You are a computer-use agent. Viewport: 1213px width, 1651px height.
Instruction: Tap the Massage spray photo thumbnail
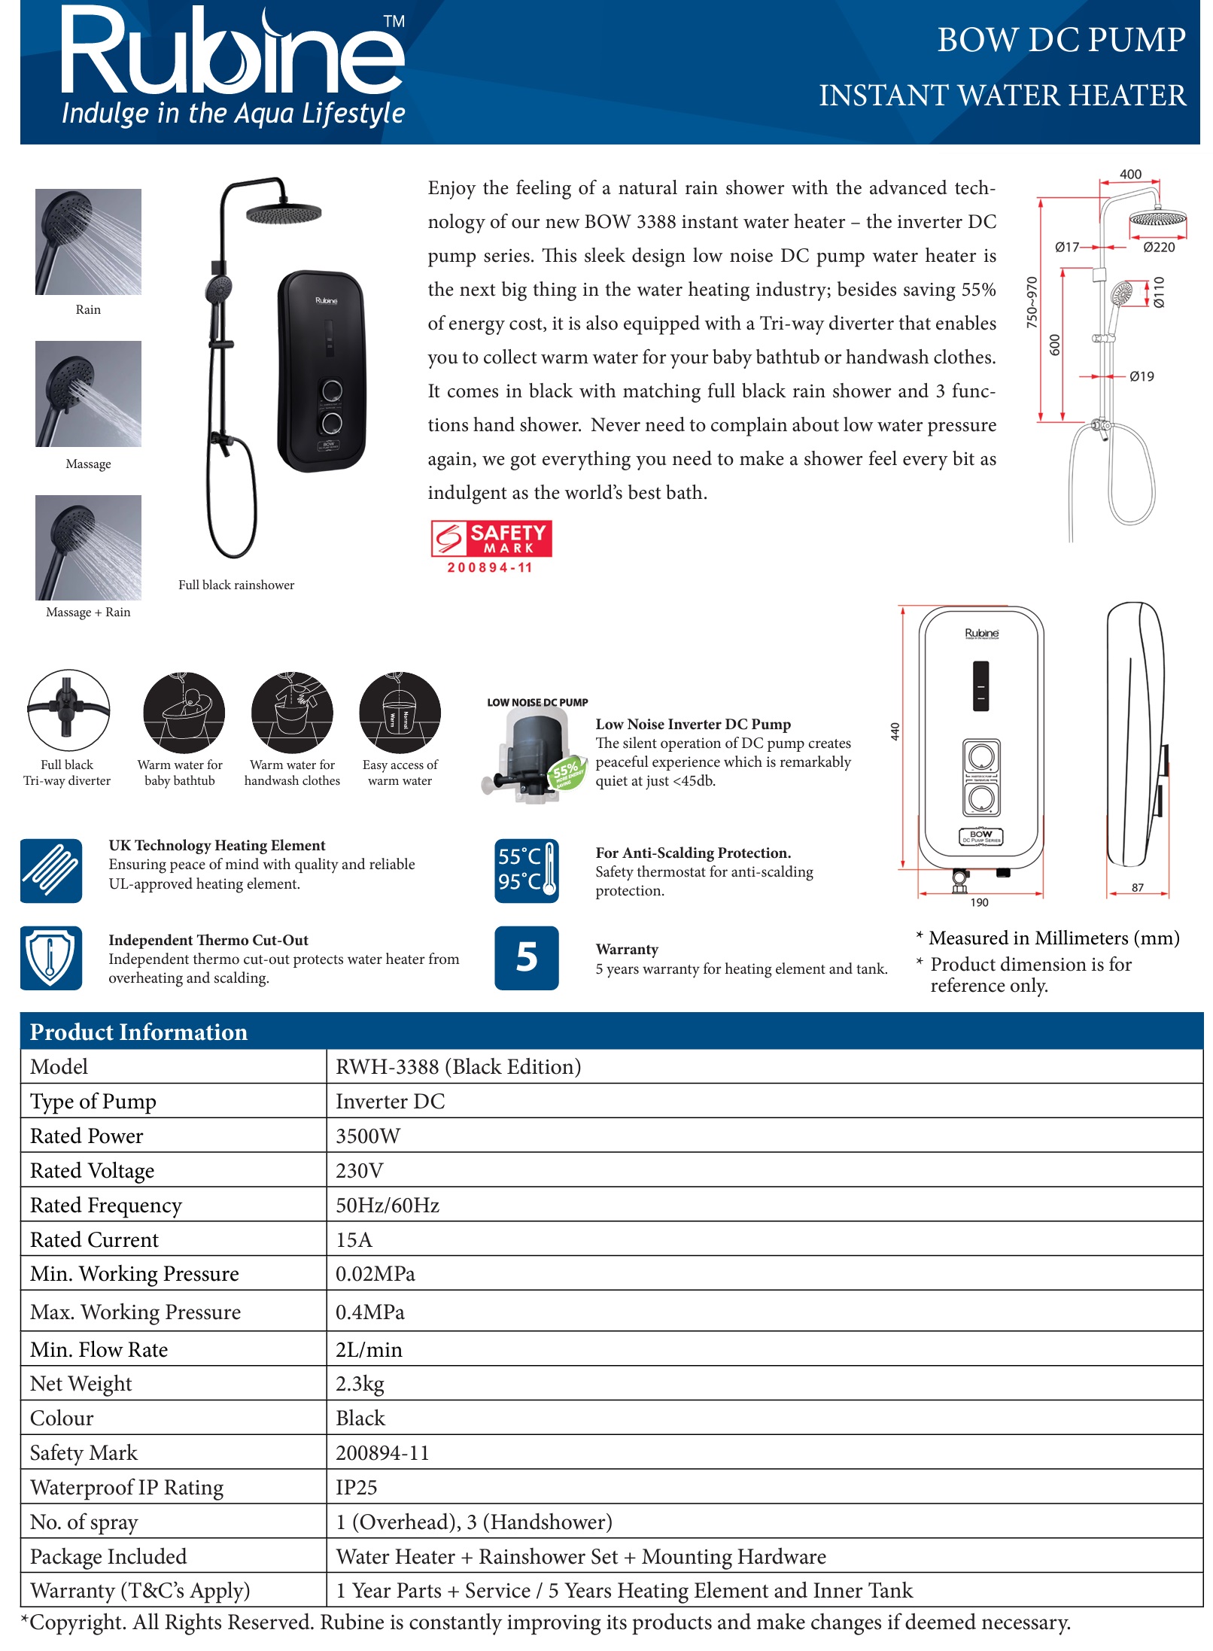coord(88,394)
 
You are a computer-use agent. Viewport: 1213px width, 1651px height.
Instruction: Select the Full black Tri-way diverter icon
coord(68,710)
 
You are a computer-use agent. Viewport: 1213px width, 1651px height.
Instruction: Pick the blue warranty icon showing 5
coord(526,957)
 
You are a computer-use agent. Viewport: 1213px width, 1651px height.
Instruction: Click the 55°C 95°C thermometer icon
coord(526,870)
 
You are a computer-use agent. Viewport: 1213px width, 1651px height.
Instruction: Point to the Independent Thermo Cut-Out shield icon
coord(51,957)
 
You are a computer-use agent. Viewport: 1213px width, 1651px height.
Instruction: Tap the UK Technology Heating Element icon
coord(51,870)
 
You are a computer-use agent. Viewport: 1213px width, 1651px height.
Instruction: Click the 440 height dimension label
coord(895,731)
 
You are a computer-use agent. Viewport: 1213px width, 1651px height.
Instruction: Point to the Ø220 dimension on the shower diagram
coord(1158,247)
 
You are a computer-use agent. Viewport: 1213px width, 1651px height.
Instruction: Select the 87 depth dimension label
coord(1137,887)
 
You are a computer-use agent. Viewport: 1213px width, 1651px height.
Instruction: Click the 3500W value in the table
coord(368,1136)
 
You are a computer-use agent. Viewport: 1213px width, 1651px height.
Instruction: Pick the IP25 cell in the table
coord(356,1487)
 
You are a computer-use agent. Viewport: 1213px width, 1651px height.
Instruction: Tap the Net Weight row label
coord(81,1383)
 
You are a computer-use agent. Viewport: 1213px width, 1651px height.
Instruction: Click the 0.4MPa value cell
coord(369,1312)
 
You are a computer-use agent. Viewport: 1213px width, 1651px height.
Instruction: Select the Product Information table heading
coord(138,1032)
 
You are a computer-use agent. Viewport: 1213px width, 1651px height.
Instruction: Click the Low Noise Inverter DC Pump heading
coord(693,724)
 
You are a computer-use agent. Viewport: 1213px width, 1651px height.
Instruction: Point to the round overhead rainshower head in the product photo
coord(284,214)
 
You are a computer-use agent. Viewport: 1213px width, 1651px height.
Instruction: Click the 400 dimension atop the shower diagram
coord(1130,174)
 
